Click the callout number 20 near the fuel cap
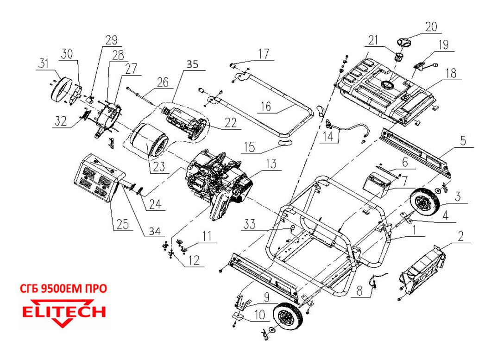tap(431, 27)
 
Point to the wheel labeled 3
tap(425, 203)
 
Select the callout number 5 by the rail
tap(464, 140)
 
